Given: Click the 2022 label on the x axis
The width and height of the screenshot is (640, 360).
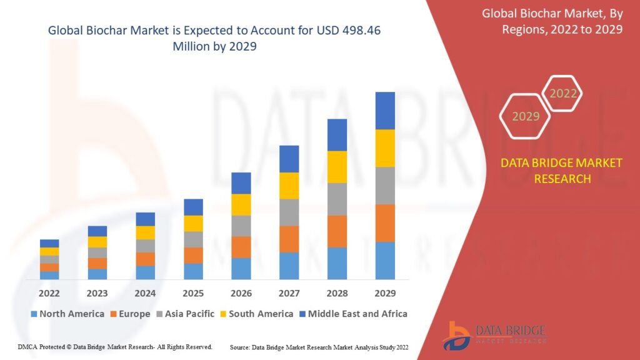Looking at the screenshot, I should pyautogui.click(x=49, y=293).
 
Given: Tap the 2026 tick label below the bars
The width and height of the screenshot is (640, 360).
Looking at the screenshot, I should pyautogui.click(x=241, y=293).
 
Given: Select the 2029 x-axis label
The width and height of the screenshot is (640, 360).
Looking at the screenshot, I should pyautogui.click(x=385, y=293).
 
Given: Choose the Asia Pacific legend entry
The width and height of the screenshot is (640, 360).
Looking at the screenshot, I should pyautogui.click(x=185, y=314).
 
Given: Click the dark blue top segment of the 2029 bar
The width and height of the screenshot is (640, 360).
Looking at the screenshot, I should pyautogui.click(x=385, y=111).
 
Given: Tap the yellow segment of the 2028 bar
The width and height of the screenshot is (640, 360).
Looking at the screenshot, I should pyautogui.click(x=337, y=167).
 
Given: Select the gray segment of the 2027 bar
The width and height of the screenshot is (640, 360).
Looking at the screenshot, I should pyautogui.click(x=289, y=212).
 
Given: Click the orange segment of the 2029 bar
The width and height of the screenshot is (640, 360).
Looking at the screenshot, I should pyautogui.click(x=385, y=223).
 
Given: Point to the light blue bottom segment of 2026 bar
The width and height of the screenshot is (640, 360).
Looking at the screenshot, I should pyautogui.click(x=241, y=269).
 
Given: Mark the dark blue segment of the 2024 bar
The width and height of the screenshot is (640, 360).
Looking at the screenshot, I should pyautogui.click(x=145, y=219).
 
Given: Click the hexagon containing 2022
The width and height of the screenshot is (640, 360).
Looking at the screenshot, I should pyautogui.click(x=562, y=94).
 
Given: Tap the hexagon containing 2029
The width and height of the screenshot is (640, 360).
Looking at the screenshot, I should pyautogui.click(x=525, y=116).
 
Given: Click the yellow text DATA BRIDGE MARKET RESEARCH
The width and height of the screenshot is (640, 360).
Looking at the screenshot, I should pyautogui.click(x=561, y=171).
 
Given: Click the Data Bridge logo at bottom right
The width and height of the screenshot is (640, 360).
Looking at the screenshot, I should pyautogui.click(x=494, y=336).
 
